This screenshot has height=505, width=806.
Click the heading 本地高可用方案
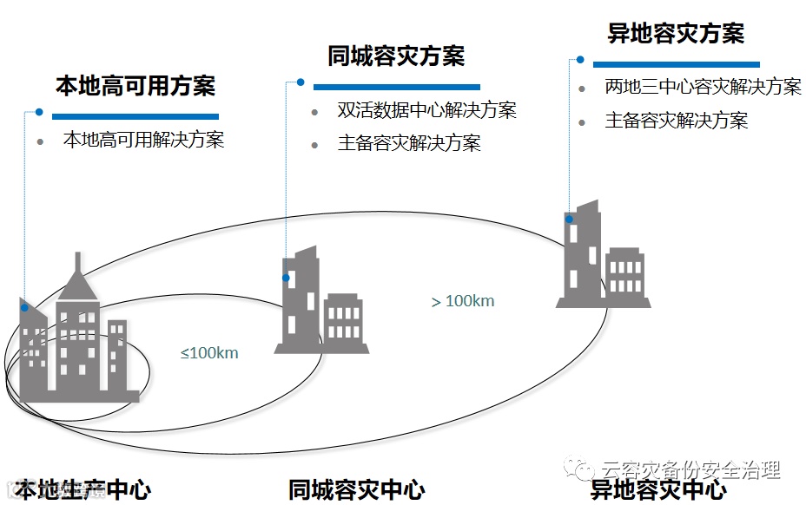pos(135,86)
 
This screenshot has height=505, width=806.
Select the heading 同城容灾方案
pos(396,56)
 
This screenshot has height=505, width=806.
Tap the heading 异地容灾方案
pos(676,34)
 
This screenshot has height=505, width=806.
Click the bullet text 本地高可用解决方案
pos(143,140)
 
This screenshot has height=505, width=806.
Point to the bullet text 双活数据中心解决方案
pos(426,111)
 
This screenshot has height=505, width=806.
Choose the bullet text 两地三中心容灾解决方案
pos(703,88)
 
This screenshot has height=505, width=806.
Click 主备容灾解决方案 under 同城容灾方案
pos(409,143)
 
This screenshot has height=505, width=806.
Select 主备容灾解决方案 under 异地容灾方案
pos(677,121)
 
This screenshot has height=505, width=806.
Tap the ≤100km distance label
pos(209,353)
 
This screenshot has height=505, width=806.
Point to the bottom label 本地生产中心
pos(83,490)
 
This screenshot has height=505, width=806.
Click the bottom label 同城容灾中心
pos(357,490)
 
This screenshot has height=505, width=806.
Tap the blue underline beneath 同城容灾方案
pos(396,87)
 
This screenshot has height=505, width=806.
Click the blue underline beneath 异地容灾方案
pos(676,64)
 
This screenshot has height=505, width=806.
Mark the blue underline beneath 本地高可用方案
pos(135,115)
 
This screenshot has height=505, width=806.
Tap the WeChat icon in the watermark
pos(576,469)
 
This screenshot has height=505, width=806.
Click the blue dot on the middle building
pos(286,278)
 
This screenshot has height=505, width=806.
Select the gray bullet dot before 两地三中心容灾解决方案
pos(582,89)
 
